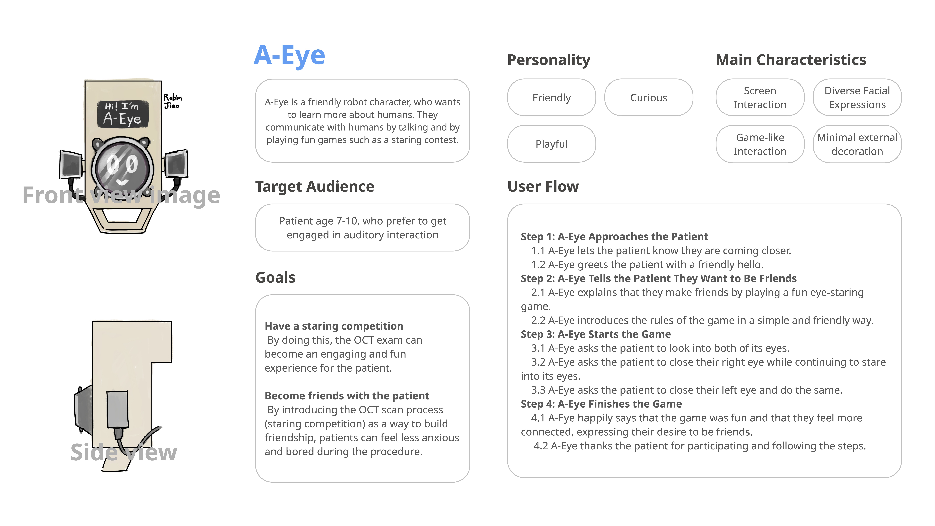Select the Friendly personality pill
point(551,98)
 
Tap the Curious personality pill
point(649,98)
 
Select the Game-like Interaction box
point(760,144)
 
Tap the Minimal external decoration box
point(857,144)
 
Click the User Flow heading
point(543,187)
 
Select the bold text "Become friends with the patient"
point(347,396)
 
